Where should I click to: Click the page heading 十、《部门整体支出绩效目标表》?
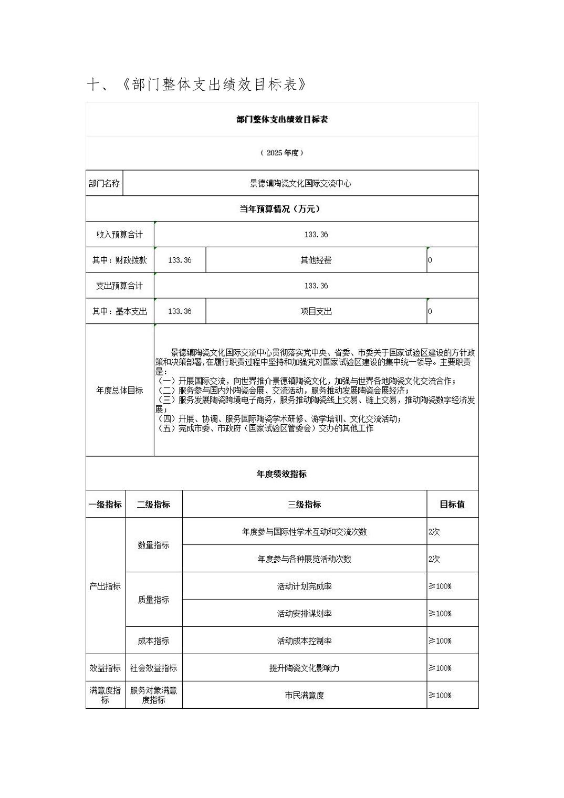pos(196,85)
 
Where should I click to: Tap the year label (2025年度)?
pos(282,153)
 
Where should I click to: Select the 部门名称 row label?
pos(104,184)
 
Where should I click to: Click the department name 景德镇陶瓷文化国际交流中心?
pos(300,184)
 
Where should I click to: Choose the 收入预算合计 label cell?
pos(119,235)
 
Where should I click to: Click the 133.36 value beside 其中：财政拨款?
pos(180,260)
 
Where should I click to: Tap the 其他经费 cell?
pos(316,260)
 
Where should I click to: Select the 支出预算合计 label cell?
pos(119,286)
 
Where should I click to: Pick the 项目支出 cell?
pos(316,312)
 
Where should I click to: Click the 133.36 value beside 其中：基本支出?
pos(180,312)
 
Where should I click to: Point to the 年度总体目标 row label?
pos(119,391)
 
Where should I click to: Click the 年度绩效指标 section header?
pos(281,474)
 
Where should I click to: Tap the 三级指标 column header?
pos(304,505)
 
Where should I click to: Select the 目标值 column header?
pos(452,505)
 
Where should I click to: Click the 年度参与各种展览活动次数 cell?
pos(304,559)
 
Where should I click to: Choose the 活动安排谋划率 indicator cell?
pos(304,614)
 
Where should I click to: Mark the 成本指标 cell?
pos(153,641)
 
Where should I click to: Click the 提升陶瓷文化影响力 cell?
pos(304,668)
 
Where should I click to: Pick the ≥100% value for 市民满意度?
pos(440,696)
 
